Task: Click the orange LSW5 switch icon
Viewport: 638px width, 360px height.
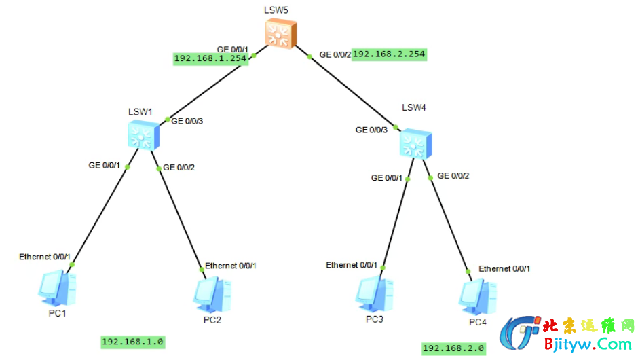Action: (x=281, y=34)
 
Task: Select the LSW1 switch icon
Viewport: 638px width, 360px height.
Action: (x=143, y=136)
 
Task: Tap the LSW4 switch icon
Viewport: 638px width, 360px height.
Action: (x=415, y=144)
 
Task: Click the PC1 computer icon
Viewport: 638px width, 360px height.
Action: (x=57, y=288)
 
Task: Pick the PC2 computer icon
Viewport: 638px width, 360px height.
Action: (x=212, y=295)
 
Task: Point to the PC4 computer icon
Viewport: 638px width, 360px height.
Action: (x=478, y=298)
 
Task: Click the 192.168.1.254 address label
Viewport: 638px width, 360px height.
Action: (x=210, y=58)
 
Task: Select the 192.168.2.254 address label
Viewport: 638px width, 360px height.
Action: (x=389, y=54)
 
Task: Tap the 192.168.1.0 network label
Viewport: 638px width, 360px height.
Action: (x=132, y=342)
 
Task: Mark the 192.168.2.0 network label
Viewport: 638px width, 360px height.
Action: (x=453, y=348)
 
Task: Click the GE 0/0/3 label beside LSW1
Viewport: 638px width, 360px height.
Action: (x=187, y=121)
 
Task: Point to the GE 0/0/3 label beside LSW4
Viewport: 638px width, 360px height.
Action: (x=371, y=130)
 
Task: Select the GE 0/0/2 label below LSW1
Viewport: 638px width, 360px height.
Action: (x=179, y=168)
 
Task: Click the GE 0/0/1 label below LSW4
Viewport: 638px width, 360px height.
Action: (x=387, y=178)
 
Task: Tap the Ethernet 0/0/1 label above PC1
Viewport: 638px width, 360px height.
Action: (x=45, y=257)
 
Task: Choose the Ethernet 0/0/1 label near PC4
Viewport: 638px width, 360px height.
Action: (x=504, y=269)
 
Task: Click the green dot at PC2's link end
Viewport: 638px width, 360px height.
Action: (x=202, y=270)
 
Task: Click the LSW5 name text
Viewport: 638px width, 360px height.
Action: (x=276, y=10)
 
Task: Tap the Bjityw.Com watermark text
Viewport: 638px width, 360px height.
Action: (x=588, y=344)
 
